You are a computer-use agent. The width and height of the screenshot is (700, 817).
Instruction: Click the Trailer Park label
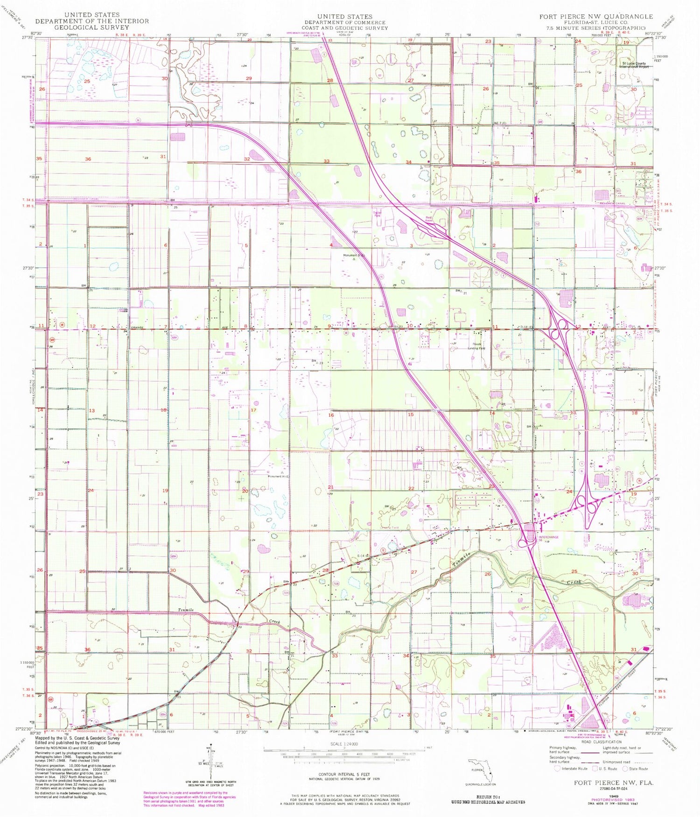click(377, 215)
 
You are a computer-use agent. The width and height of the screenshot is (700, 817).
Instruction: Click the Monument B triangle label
click(355, 256)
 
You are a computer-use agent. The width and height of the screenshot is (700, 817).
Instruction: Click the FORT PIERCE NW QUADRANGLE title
click(596, 16)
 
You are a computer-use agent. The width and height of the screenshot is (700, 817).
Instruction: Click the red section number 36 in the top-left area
click(88, 159)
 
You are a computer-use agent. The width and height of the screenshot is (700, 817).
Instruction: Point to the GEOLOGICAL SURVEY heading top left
click(92, 27)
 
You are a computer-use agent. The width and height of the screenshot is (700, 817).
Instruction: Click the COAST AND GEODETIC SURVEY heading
click(345, 28)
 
